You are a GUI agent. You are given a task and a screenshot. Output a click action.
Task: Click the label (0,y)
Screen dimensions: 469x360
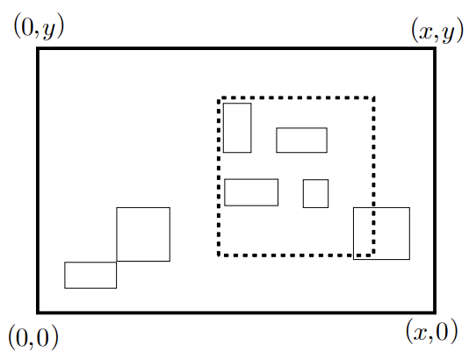(39, 28)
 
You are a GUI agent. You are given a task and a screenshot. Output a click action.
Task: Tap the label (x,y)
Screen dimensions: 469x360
(437, 30)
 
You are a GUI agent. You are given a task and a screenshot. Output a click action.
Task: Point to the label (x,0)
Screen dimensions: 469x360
(431, 331)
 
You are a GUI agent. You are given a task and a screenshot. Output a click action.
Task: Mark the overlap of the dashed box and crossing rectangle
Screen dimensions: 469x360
(364, 232)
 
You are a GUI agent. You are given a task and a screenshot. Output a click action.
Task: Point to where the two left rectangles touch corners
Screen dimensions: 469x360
(116, 262)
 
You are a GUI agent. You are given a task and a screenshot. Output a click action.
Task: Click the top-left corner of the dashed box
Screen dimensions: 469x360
(219, 98)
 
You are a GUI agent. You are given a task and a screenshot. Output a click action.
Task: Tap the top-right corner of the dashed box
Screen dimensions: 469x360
(373, 97)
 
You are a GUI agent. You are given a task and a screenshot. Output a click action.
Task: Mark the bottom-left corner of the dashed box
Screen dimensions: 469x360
(219, 255)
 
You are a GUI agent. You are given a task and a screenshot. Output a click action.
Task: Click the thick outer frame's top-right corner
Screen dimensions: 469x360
(435, 48)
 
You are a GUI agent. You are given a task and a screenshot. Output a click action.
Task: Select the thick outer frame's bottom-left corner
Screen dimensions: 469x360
(38, 313)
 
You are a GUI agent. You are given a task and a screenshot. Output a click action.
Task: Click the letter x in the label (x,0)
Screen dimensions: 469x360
(420, 333)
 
